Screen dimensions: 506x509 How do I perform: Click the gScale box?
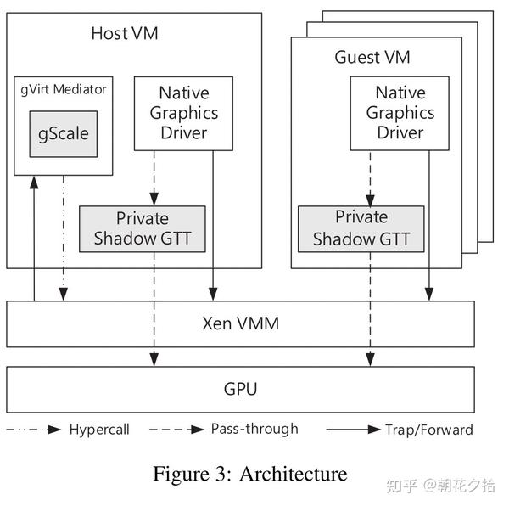(64, 134)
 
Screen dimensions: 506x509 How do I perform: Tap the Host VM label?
(125, 34)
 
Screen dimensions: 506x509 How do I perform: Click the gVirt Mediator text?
(64, 88)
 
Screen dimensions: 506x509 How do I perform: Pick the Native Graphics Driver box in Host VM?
(183, 112)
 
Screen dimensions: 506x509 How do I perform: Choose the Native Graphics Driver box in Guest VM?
(400, 112)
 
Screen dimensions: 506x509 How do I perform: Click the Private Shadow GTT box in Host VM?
(143, 228)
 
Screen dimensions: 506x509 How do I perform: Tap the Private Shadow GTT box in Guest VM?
(361, 228)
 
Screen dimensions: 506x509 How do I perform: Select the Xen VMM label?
(240, 323)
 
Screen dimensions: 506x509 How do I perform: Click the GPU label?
(240, 390)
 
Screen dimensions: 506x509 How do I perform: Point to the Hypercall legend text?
(99, 430)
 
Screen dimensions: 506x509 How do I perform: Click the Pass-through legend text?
(255, 429)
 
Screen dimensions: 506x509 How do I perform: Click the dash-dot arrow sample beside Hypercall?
(34, 430)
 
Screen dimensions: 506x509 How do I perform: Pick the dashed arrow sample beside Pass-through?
(176, 430)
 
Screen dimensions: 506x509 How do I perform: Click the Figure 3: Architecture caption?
(249, 474)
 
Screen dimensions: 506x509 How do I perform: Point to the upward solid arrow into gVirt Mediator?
(34, 238)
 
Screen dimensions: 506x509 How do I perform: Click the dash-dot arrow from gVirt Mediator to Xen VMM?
(64, 238)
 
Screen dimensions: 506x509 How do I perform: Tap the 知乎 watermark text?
(401, 486)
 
